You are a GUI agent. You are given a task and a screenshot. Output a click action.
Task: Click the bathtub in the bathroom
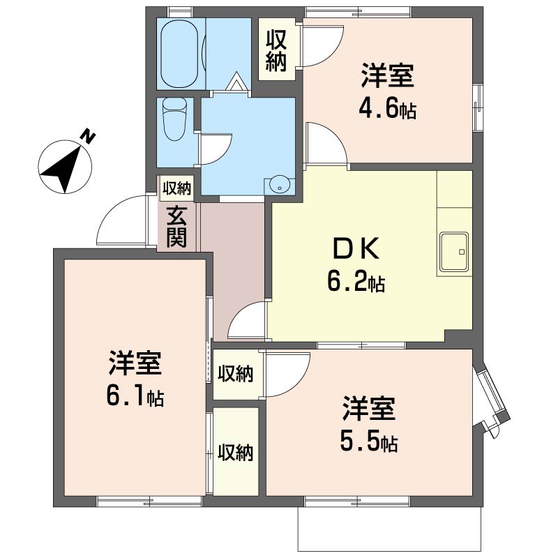click(x=179, y=54)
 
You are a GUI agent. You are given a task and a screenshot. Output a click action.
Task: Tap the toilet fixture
click(x=174, y=119)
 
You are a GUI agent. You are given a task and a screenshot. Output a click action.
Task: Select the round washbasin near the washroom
click(x=280, y=185)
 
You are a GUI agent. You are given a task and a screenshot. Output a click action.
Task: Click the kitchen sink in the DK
click(x=454, y=252)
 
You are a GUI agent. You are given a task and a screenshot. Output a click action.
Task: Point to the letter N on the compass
click(x=88, y=137)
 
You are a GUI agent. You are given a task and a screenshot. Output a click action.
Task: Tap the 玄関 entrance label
click(x=176, y=227)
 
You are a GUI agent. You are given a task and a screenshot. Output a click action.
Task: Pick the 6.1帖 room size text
click(x=135, y=398)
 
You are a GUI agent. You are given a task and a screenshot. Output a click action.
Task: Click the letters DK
click(x=356, y=249)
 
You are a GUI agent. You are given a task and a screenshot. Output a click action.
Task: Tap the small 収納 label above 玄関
click(x=176, y=188)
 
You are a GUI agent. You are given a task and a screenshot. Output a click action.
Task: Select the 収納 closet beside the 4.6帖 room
click(x=276, y=50)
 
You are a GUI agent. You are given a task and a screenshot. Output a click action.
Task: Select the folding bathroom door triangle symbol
click(x=235, y=82)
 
